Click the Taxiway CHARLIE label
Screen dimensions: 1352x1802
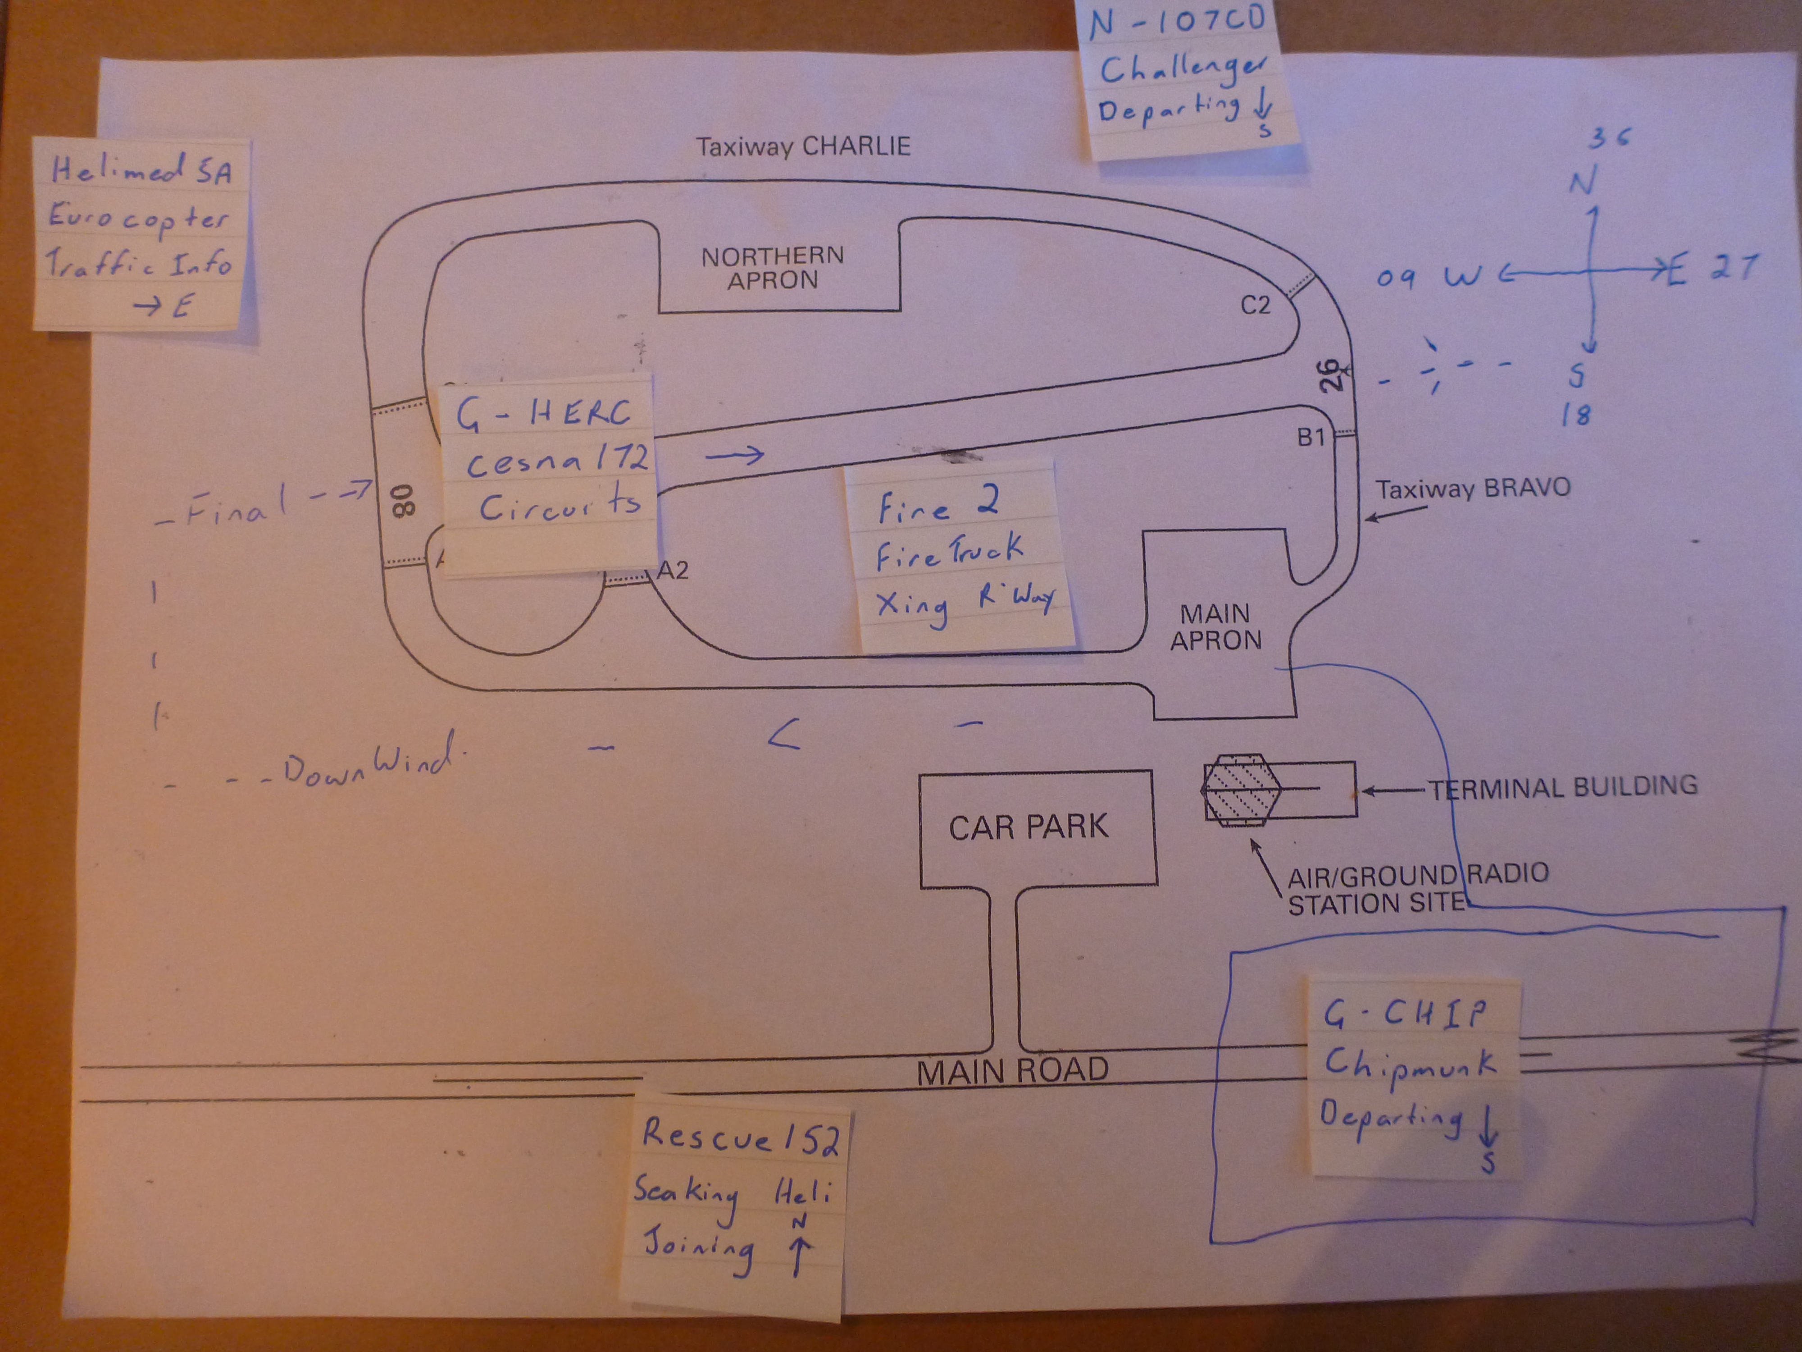802,146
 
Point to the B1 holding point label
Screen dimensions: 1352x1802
1311,438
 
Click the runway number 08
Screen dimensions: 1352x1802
403,500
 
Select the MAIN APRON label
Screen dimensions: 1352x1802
1215,627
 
